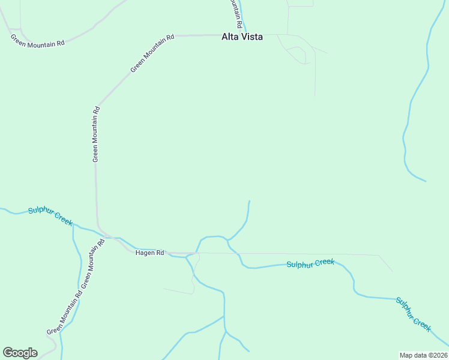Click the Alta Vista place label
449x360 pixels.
tap(242, 37)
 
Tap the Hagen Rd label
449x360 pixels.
tap(149, 253)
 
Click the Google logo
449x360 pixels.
tap(20, 353)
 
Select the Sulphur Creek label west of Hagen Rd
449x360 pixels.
tap(50, 217)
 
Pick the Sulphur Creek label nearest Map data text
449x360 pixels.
tap(414, 314)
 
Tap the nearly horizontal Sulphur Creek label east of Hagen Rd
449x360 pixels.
tap(310, 263)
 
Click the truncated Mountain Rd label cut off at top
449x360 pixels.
tap(237, 13)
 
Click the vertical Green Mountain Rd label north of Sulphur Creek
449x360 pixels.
tap(95, 134)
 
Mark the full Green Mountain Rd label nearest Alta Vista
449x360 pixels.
tap(152, 53)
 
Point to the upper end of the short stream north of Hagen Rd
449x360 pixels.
tap(249, 202)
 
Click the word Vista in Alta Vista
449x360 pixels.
tap(252, 37)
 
